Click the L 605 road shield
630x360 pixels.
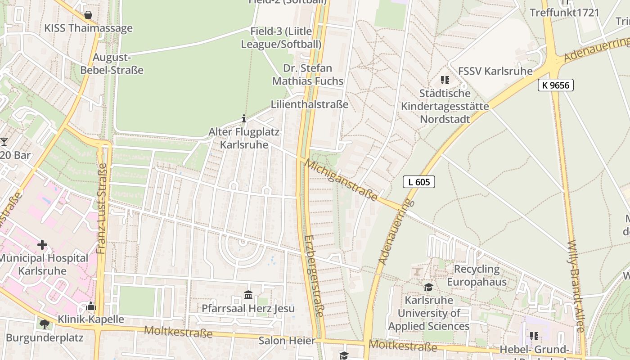[418, 182]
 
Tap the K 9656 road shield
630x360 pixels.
[555, 85]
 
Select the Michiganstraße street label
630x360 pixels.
[341, 179]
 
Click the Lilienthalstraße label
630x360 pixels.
[310, 104]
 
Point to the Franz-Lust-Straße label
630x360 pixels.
[102, 208]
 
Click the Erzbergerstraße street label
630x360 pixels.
[314, 275]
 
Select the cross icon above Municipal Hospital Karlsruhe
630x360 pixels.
[42, 245]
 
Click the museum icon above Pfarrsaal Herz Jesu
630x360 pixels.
[248, 295]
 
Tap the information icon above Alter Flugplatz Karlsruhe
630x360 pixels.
[244, 119]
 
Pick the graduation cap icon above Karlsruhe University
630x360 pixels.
[428, 287]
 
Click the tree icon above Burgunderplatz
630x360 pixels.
[44, 324]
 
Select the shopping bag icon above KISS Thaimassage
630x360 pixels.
[88, 15]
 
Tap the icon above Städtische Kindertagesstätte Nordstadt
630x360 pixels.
[445, 81]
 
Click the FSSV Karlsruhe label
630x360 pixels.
[495, 71]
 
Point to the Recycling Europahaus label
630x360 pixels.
[477, 275]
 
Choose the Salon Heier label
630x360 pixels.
[287, 341]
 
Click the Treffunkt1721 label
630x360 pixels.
[564, 13]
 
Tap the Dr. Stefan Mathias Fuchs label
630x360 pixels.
[308, 75]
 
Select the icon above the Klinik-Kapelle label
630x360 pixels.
[90, 306]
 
